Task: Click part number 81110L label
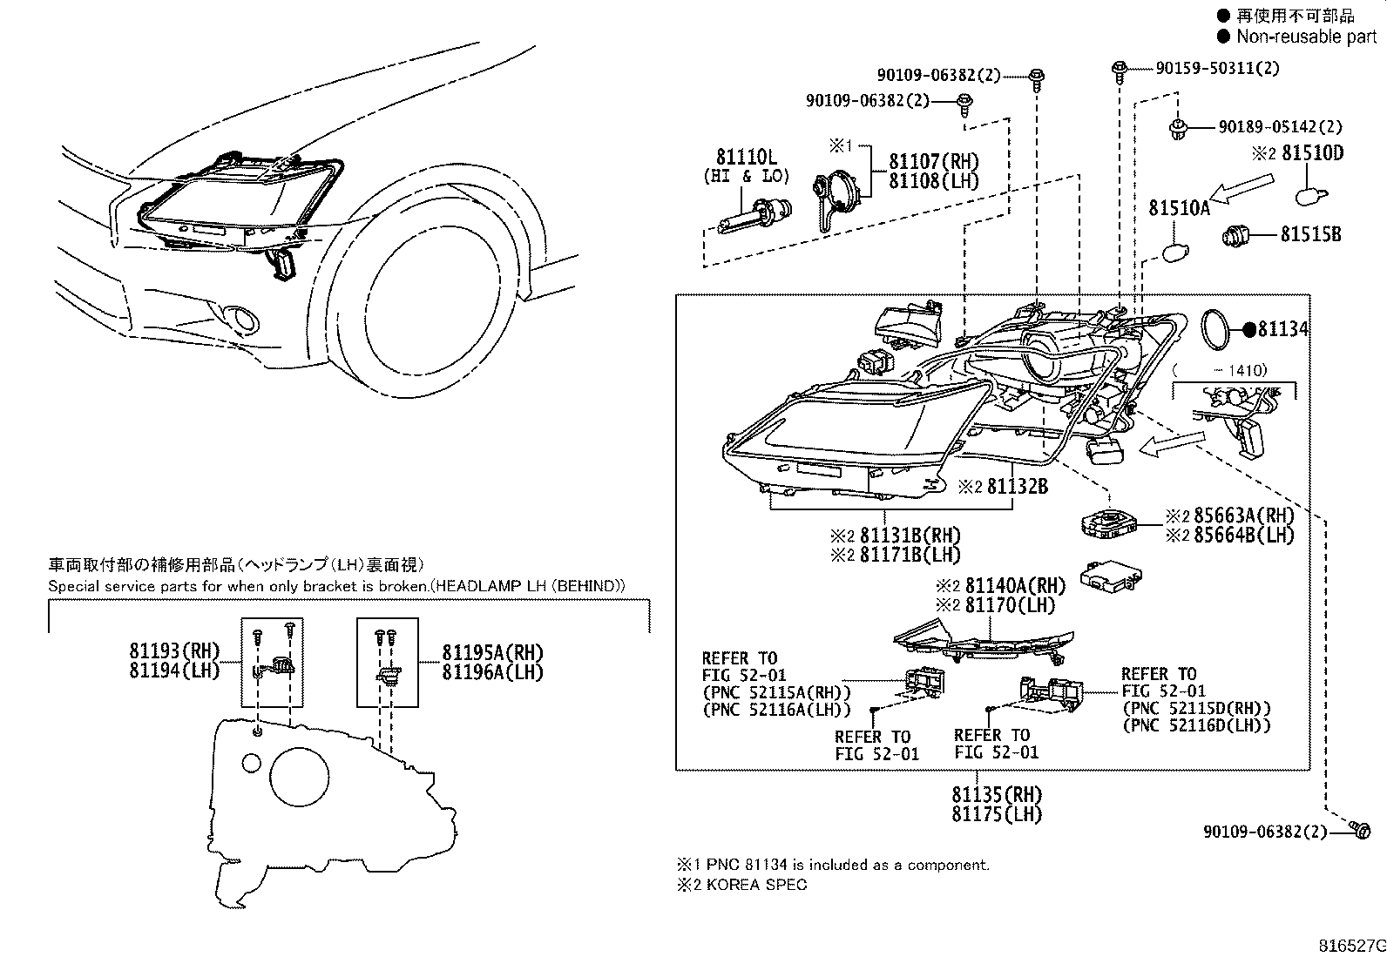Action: tap(746, 158)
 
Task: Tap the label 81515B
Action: tap(1310, 234)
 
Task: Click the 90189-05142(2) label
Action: tap(1280, 127)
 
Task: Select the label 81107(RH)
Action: tap(933, 162)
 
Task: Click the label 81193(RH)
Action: tap(174, 651)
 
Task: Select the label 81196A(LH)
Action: tap(492, 671)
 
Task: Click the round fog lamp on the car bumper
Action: tap(243, 320)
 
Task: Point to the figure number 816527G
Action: tap(1350, 946)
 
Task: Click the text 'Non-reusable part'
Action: tap(1307, 37)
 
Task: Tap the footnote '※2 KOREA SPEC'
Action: tap(741, 885)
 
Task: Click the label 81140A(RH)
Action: tap(1015, 586)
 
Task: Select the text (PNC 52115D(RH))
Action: tap(1196, 708)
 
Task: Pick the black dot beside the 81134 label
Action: tap(1248, 329)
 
